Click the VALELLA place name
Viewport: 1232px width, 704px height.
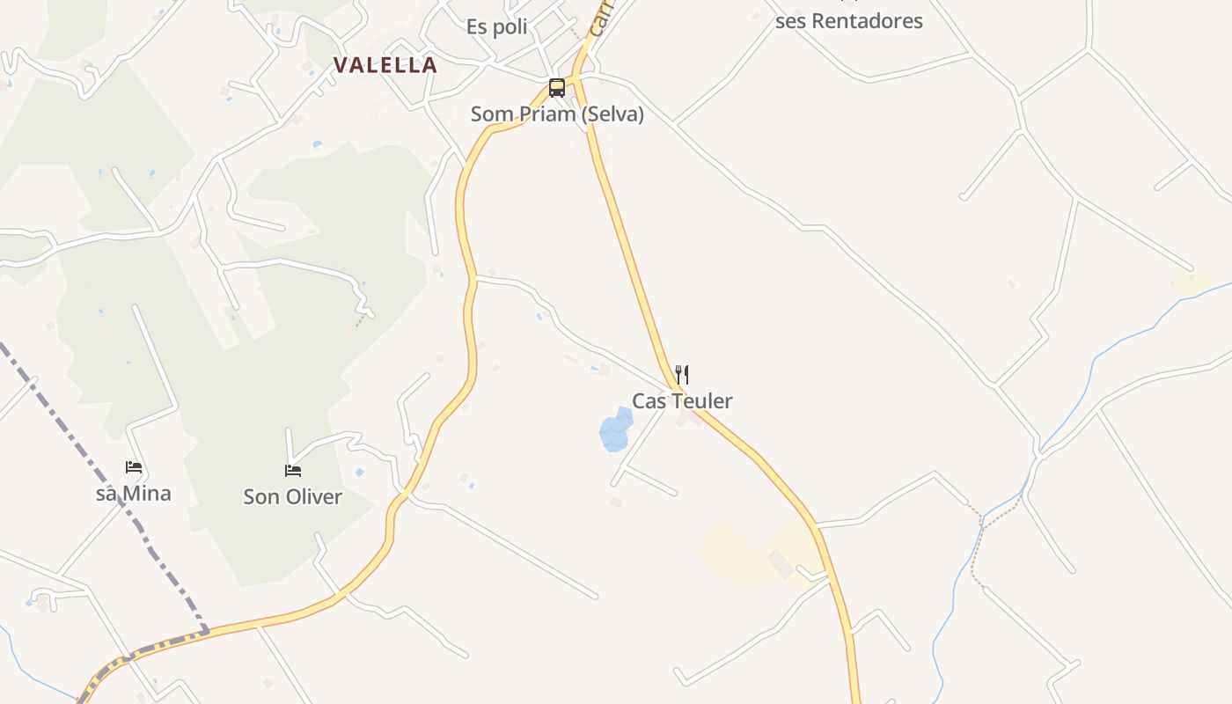pos(385,65)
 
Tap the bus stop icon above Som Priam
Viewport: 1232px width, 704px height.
pos(557,88)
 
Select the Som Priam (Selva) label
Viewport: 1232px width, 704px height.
pos(557,114)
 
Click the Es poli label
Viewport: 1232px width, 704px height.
pos(497,27)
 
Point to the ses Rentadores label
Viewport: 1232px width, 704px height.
pos(848,21)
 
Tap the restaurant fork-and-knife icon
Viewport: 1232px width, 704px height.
pos(681,375)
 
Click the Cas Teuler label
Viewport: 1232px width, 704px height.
pos(682,401)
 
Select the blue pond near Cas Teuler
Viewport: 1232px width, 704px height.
pos(615,431)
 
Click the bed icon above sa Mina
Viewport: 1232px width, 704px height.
pos(134,467)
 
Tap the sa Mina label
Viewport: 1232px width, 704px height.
pos(133,494)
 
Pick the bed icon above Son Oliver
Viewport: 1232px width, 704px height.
pos(293,471)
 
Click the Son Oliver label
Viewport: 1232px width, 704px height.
pos(292,497)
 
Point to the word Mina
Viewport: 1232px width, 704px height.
pos(146,494)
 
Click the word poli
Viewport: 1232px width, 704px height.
pos(510,27)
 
